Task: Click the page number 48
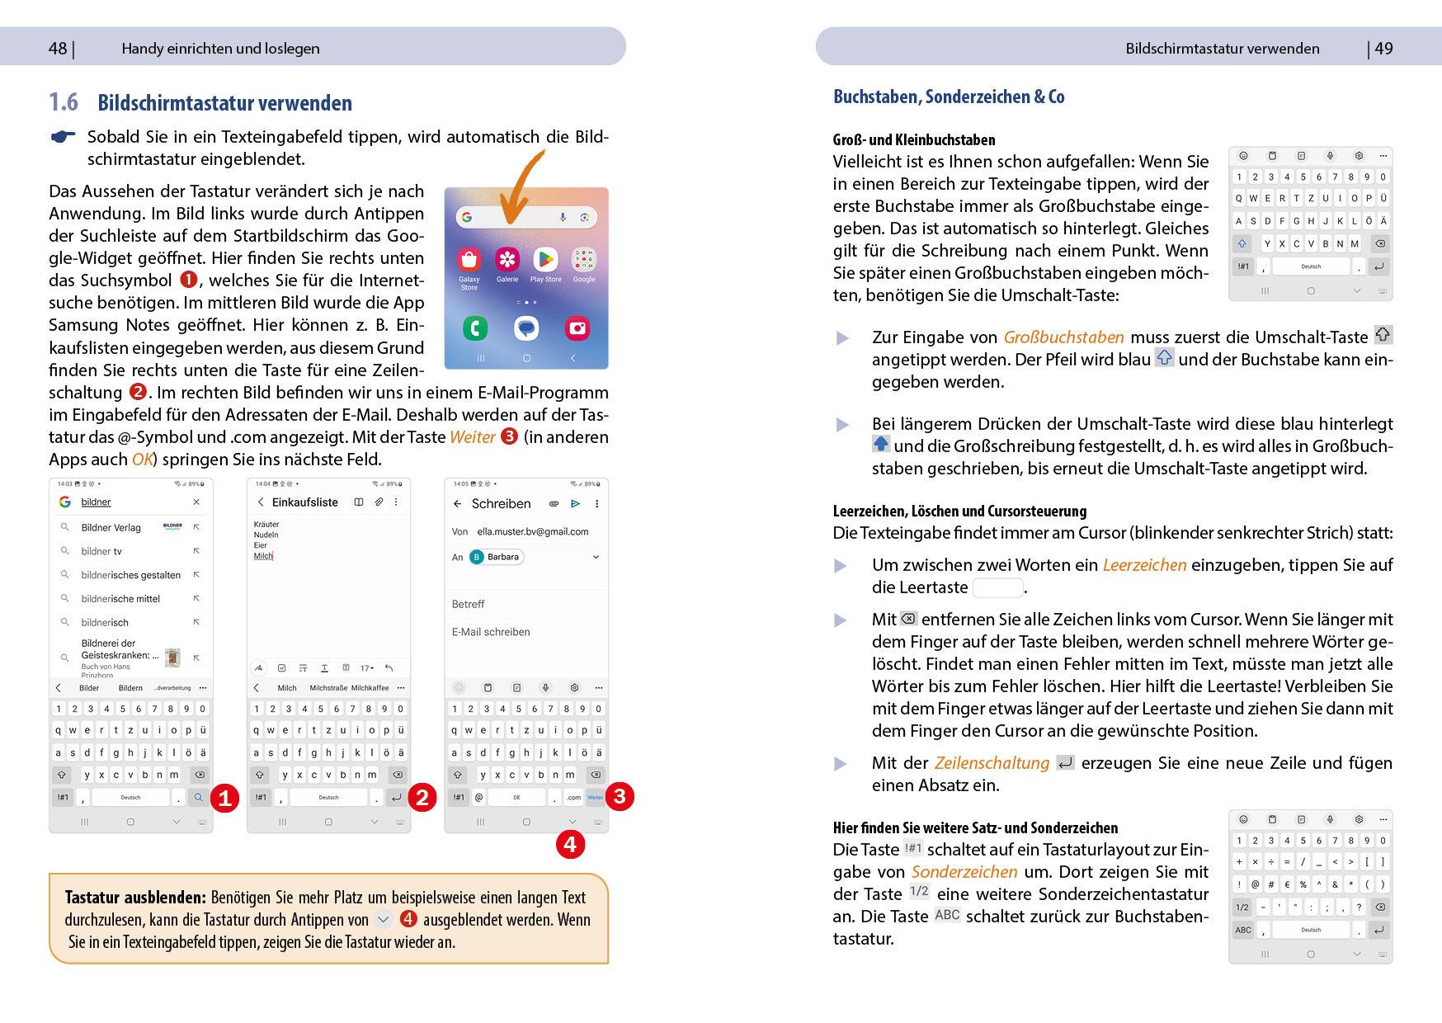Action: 58,49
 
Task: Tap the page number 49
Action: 1383,49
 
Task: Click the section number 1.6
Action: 64,102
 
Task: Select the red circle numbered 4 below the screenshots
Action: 570,844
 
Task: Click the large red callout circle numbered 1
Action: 224,798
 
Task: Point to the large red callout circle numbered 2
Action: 422,797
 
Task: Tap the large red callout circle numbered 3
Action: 620,796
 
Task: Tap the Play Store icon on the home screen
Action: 545,260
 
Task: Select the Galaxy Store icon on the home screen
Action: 469,260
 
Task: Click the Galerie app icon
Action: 507,260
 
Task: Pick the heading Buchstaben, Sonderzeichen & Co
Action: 949,97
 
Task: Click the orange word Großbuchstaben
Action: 1063,337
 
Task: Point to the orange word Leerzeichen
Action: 1144,565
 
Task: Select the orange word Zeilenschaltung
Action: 992,763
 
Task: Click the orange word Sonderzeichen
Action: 964,872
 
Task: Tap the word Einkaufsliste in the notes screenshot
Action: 305,502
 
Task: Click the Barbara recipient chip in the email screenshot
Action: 497,557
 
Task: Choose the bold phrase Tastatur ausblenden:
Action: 135,898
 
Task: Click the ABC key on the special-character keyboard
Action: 1242,930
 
